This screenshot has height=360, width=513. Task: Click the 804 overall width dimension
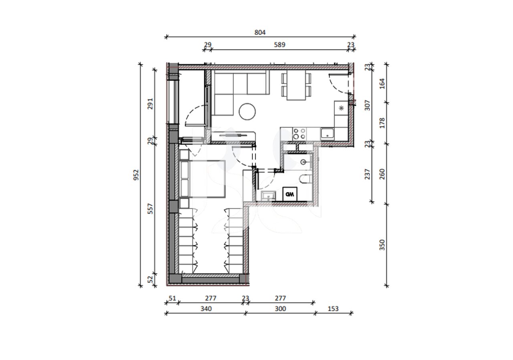(x=260, y=32)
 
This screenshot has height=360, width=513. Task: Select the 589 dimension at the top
(x=279, y=45)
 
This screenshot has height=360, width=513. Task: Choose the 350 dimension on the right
(x=382, y=244)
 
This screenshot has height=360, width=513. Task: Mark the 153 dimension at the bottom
(x=333, y=309)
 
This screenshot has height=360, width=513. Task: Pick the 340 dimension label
(x=206, y=309)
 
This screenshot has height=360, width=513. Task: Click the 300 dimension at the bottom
(x=280, y=309)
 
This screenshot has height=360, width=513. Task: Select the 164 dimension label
(x=382, y=83)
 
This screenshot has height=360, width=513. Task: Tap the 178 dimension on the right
(x=382, y=123)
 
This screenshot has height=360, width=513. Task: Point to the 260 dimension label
(x=382, y=174)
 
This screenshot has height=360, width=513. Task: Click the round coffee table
(x=247, y=111)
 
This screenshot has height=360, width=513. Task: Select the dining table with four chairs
(x=296, y=86)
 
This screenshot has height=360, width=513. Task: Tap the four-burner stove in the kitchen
(x=299, y=134)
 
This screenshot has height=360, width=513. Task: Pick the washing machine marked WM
(x=290, y=194)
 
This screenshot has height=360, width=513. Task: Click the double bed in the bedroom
(x=204, y=179)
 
